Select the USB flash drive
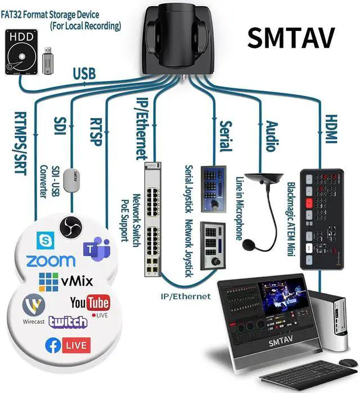click(x=47, y=56)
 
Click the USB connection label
click(x=84, y=74)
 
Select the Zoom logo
click(x=50, y=260)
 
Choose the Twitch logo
click(x=68, y=322)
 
